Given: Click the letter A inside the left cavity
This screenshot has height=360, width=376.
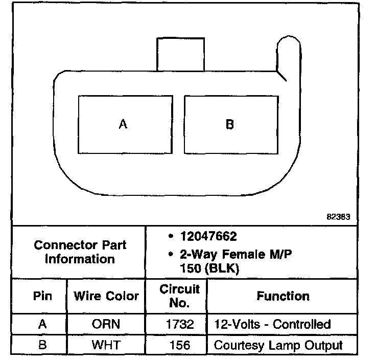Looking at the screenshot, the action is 123,124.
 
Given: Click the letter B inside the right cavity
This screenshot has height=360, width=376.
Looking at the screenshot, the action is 229,124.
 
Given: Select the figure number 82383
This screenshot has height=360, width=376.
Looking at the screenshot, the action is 339,216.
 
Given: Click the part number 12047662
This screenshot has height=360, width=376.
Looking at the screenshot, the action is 208,237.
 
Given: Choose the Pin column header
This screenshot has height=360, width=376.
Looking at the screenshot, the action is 42,296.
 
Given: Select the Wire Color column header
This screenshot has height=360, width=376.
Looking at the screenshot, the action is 106,296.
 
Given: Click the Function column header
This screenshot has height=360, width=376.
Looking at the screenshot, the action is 283,296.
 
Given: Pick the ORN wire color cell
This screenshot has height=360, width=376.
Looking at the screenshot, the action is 106,324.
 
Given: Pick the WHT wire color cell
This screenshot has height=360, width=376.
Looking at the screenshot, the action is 106,345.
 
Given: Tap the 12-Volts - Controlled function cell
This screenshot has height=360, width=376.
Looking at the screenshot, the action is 272,324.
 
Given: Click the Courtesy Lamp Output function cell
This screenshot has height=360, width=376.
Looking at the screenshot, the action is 278,345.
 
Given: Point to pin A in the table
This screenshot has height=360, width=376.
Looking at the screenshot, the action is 42,324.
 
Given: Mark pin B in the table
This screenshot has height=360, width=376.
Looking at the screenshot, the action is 42,345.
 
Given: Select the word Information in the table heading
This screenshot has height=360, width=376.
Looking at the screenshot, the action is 80,259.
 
